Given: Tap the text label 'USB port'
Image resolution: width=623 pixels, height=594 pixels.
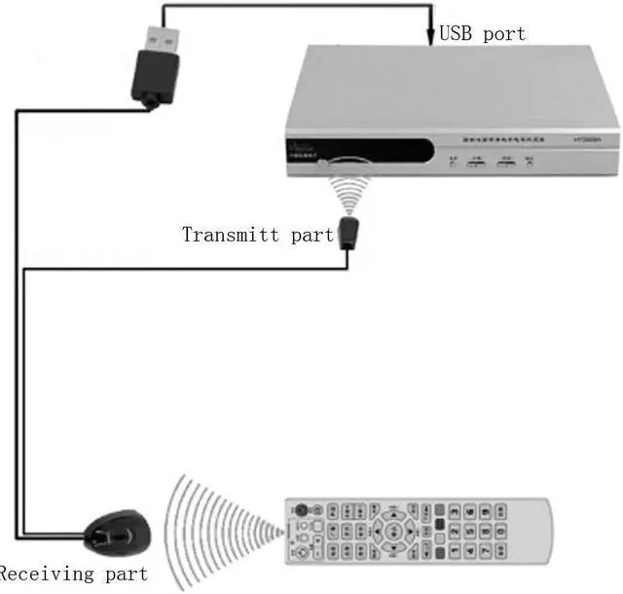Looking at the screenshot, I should (x=482, y=34).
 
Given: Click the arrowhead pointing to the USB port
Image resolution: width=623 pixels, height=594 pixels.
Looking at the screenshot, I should (x=429, y=39).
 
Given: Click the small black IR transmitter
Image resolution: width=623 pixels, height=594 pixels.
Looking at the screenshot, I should (x=348, y=234).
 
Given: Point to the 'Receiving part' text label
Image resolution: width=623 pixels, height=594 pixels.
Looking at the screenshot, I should (x=74, y=574).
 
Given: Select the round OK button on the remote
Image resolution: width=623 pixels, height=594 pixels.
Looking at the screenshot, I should (x=394, y=532).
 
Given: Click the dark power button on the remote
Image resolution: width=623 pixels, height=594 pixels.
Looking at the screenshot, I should (x=302, y=509).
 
